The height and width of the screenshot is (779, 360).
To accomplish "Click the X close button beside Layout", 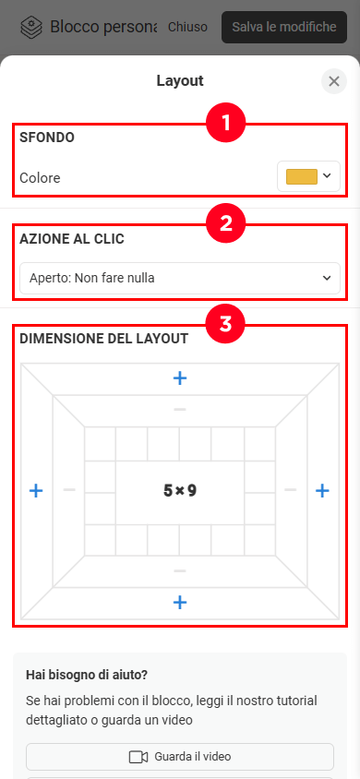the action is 333,81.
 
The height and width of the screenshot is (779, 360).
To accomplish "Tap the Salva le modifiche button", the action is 284,27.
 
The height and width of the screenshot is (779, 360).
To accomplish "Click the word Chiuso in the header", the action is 187,27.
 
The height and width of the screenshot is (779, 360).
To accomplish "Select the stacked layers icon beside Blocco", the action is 31,28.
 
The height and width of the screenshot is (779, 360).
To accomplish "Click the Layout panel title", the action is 180,80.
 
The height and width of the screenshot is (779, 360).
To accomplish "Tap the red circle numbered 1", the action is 226,123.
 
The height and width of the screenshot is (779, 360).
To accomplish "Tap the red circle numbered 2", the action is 226,224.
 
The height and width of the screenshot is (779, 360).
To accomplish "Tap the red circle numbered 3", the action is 226,324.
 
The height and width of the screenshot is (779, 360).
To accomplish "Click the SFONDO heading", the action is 47,138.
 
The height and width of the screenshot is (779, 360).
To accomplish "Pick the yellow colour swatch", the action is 302,176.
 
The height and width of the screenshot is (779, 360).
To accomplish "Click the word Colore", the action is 40,177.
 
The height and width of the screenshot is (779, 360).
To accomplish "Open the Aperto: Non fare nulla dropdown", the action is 180,278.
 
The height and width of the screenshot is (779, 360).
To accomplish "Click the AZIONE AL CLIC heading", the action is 72,239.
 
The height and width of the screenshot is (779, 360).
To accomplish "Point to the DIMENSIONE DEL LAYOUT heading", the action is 103,339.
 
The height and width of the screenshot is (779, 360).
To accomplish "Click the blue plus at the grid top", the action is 180,378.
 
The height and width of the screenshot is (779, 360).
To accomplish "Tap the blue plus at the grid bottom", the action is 180,603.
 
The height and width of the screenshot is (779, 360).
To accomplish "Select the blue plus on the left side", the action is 36,491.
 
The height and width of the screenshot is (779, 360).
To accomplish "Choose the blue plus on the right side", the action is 323,491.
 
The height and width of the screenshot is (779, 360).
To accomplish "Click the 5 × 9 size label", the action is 180,491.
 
